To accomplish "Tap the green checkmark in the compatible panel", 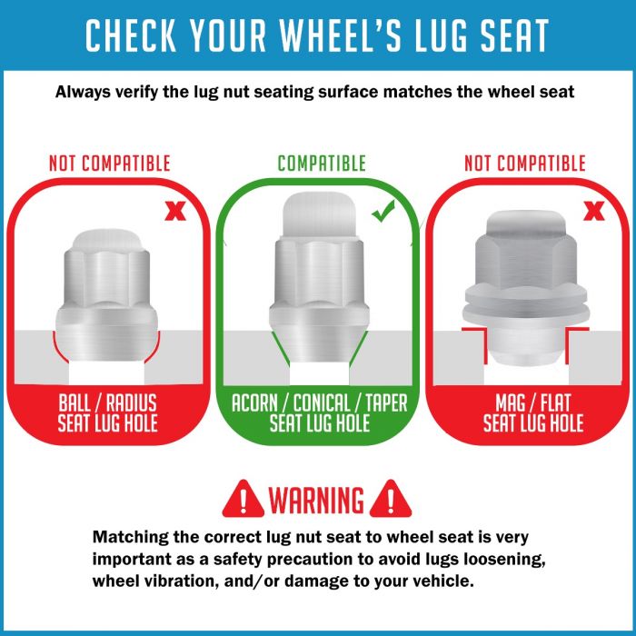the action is tap(383, 212).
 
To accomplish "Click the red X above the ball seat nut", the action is tap(175, 212).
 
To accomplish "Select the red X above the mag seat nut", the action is tap(594, 211).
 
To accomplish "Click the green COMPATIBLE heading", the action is tap(322, 164).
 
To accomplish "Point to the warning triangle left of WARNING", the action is tap(243, 499).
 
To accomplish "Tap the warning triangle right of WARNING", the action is tap(391, 499).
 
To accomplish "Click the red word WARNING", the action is tap(316, 500).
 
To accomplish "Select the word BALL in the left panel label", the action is tap(75, 403).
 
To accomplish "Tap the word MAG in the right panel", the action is tap(510, 403).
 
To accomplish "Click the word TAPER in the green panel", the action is tap(386, 403).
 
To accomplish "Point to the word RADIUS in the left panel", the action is tap(132, 403).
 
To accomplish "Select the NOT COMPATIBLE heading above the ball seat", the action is tap(110, 164).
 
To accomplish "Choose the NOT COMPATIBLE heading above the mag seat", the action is tap(525, 164).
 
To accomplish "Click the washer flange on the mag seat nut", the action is tap(526, 312).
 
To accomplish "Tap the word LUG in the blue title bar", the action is tap(442, 35).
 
